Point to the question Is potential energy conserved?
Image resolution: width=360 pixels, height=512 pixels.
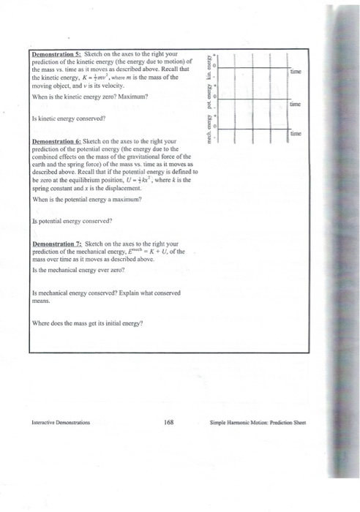(x=72, y=219)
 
